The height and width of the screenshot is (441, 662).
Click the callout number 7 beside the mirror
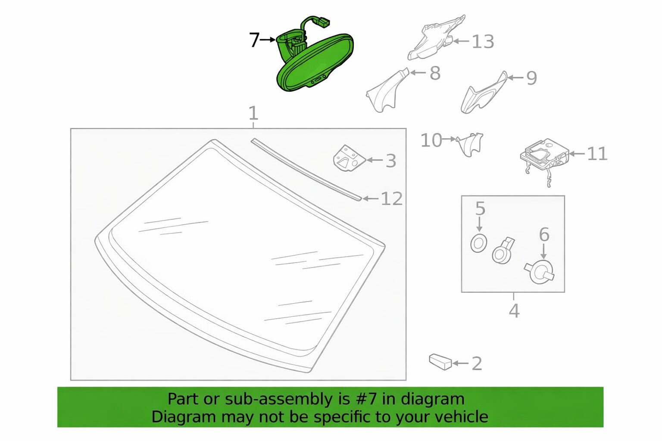[x=254, y=40]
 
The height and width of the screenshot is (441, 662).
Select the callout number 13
[x=483, y=41]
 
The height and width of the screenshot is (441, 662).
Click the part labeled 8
[x=387, y=90]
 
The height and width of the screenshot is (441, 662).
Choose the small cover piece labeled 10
[x=469, y=145]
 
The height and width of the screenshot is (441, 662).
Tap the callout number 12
[x=392, y=199]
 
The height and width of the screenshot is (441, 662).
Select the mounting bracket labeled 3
[x=350, y=158]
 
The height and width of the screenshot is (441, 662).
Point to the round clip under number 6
[x=539, y=272]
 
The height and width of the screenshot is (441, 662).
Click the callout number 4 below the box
[x=514, y=311]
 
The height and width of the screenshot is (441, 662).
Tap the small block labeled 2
[x=440, y=362]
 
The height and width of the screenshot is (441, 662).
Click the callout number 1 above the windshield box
[x=253, y=113]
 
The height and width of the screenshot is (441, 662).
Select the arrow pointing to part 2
[x=460, y=363]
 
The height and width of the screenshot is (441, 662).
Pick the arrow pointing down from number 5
[x=479, y=224]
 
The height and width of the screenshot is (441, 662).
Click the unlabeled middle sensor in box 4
[x=503, y=251]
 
